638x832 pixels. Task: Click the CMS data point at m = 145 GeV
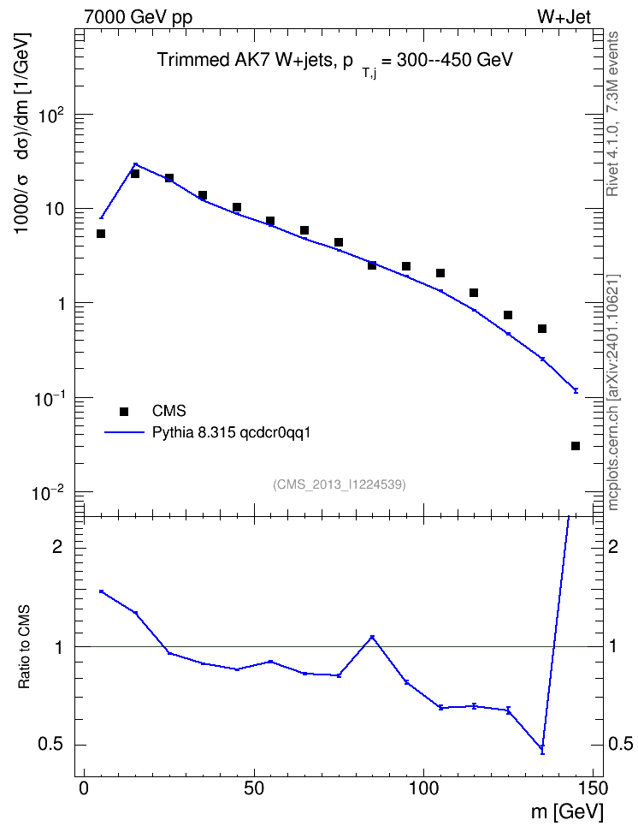click(576, 446)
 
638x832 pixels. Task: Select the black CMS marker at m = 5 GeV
click(101, 234)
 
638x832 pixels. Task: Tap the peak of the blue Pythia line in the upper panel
click(135, 164)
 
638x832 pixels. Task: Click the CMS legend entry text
click(168, 411)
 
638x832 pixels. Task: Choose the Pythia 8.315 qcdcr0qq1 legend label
click(231, 433)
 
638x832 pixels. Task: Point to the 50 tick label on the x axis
click(254, 788)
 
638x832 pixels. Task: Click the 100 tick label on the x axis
click(423, 788)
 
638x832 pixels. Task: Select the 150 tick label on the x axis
click(593, 788)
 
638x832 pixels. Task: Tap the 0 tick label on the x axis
click(85, 788)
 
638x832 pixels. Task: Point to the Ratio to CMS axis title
click(25, 647)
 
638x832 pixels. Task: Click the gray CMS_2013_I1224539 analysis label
click(340, 484)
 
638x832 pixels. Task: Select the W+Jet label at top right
click(564, 17)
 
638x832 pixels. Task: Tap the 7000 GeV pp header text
click(138, 17)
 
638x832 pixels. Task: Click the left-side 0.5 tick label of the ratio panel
click(50, 745)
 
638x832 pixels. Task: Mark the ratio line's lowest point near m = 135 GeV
click(542, 749)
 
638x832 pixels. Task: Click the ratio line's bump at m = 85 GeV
click(372, 637)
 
